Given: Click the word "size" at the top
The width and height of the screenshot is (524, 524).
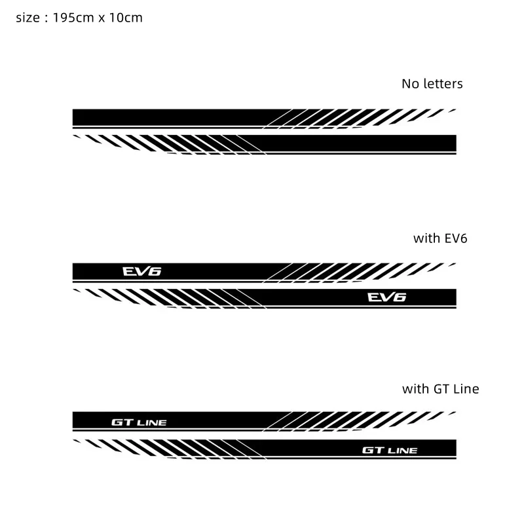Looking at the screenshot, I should coord(26,18).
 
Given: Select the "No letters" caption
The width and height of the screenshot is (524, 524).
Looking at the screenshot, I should coord(432,84).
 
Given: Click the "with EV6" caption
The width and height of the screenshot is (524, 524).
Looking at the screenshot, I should coord(440,238).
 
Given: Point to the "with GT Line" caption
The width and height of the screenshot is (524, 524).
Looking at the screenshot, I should coord(440,389).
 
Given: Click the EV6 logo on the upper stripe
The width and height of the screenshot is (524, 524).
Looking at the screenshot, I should coord(141,270).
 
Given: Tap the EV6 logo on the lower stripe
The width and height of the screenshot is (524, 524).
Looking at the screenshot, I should coord(386,297).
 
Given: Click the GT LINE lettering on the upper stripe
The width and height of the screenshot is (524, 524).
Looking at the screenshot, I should coord(139,422).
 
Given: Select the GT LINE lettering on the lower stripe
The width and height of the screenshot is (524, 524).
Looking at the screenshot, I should coord(389,450).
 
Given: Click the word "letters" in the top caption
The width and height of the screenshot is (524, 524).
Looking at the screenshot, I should coord(442,84).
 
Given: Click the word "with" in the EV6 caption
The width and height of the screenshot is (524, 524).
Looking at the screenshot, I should coord(426,238).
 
